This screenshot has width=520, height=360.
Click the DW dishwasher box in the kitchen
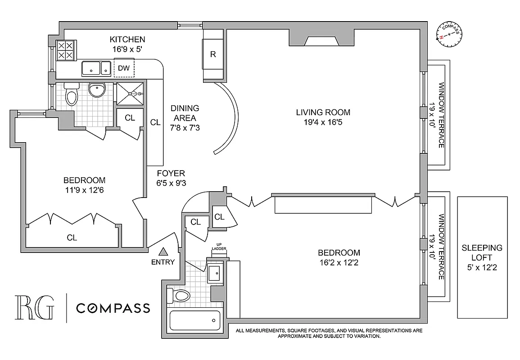pos(124,68)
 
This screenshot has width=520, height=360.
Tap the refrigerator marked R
pos(213,54)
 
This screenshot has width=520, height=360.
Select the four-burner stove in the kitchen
pos(65,50)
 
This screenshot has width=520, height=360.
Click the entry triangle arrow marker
pos(163,252)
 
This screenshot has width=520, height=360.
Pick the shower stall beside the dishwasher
pos(131,94)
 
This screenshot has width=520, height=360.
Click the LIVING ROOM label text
pos(323,112)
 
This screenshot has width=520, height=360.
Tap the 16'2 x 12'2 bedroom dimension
pos(339,262)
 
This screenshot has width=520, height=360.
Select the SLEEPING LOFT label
pos(482,253)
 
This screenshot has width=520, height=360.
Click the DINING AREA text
pos(185,113)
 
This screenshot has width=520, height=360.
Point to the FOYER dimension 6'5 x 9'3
pos(171,183)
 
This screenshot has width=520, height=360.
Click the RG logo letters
pos(34,308)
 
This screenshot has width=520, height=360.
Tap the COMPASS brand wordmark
pos(113,308)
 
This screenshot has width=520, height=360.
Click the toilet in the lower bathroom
pos(178,296)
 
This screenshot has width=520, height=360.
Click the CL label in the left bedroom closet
pos(72,238)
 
